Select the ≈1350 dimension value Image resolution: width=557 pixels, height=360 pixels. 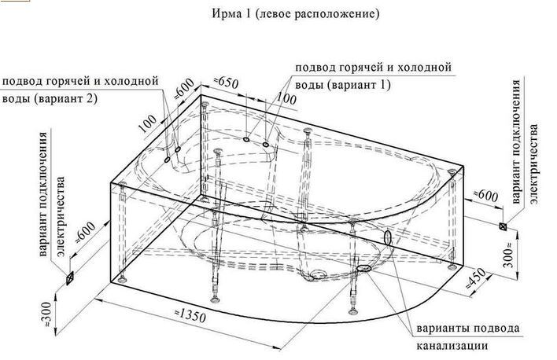click(x=190, y=315)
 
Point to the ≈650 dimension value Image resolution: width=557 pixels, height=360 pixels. click(x=226, y=82)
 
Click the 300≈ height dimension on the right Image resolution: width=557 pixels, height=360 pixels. click(x=509, y=253)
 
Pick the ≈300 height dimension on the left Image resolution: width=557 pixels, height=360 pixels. click(x=46, y=314)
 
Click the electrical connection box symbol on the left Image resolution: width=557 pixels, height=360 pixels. click(x=70, y=278)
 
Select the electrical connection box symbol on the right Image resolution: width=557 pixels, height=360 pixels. click(x=503, y=226)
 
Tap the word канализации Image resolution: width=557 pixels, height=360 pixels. click(x=452, y=345)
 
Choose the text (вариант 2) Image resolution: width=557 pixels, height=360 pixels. click(x=65, y=98)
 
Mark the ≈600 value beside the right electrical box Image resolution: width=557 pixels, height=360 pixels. click(x=486, y=196)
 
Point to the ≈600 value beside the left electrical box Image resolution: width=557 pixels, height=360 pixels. click(x=86, y=233)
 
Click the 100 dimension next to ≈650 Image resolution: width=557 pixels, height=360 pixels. click(x=286, y=98)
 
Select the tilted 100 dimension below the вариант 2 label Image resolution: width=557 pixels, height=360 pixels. click(x=147, y=123)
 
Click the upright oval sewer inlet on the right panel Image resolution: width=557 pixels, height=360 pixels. click(x=388, y=237)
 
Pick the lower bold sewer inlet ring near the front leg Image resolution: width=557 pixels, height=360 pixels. click(x=363, y=268)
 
